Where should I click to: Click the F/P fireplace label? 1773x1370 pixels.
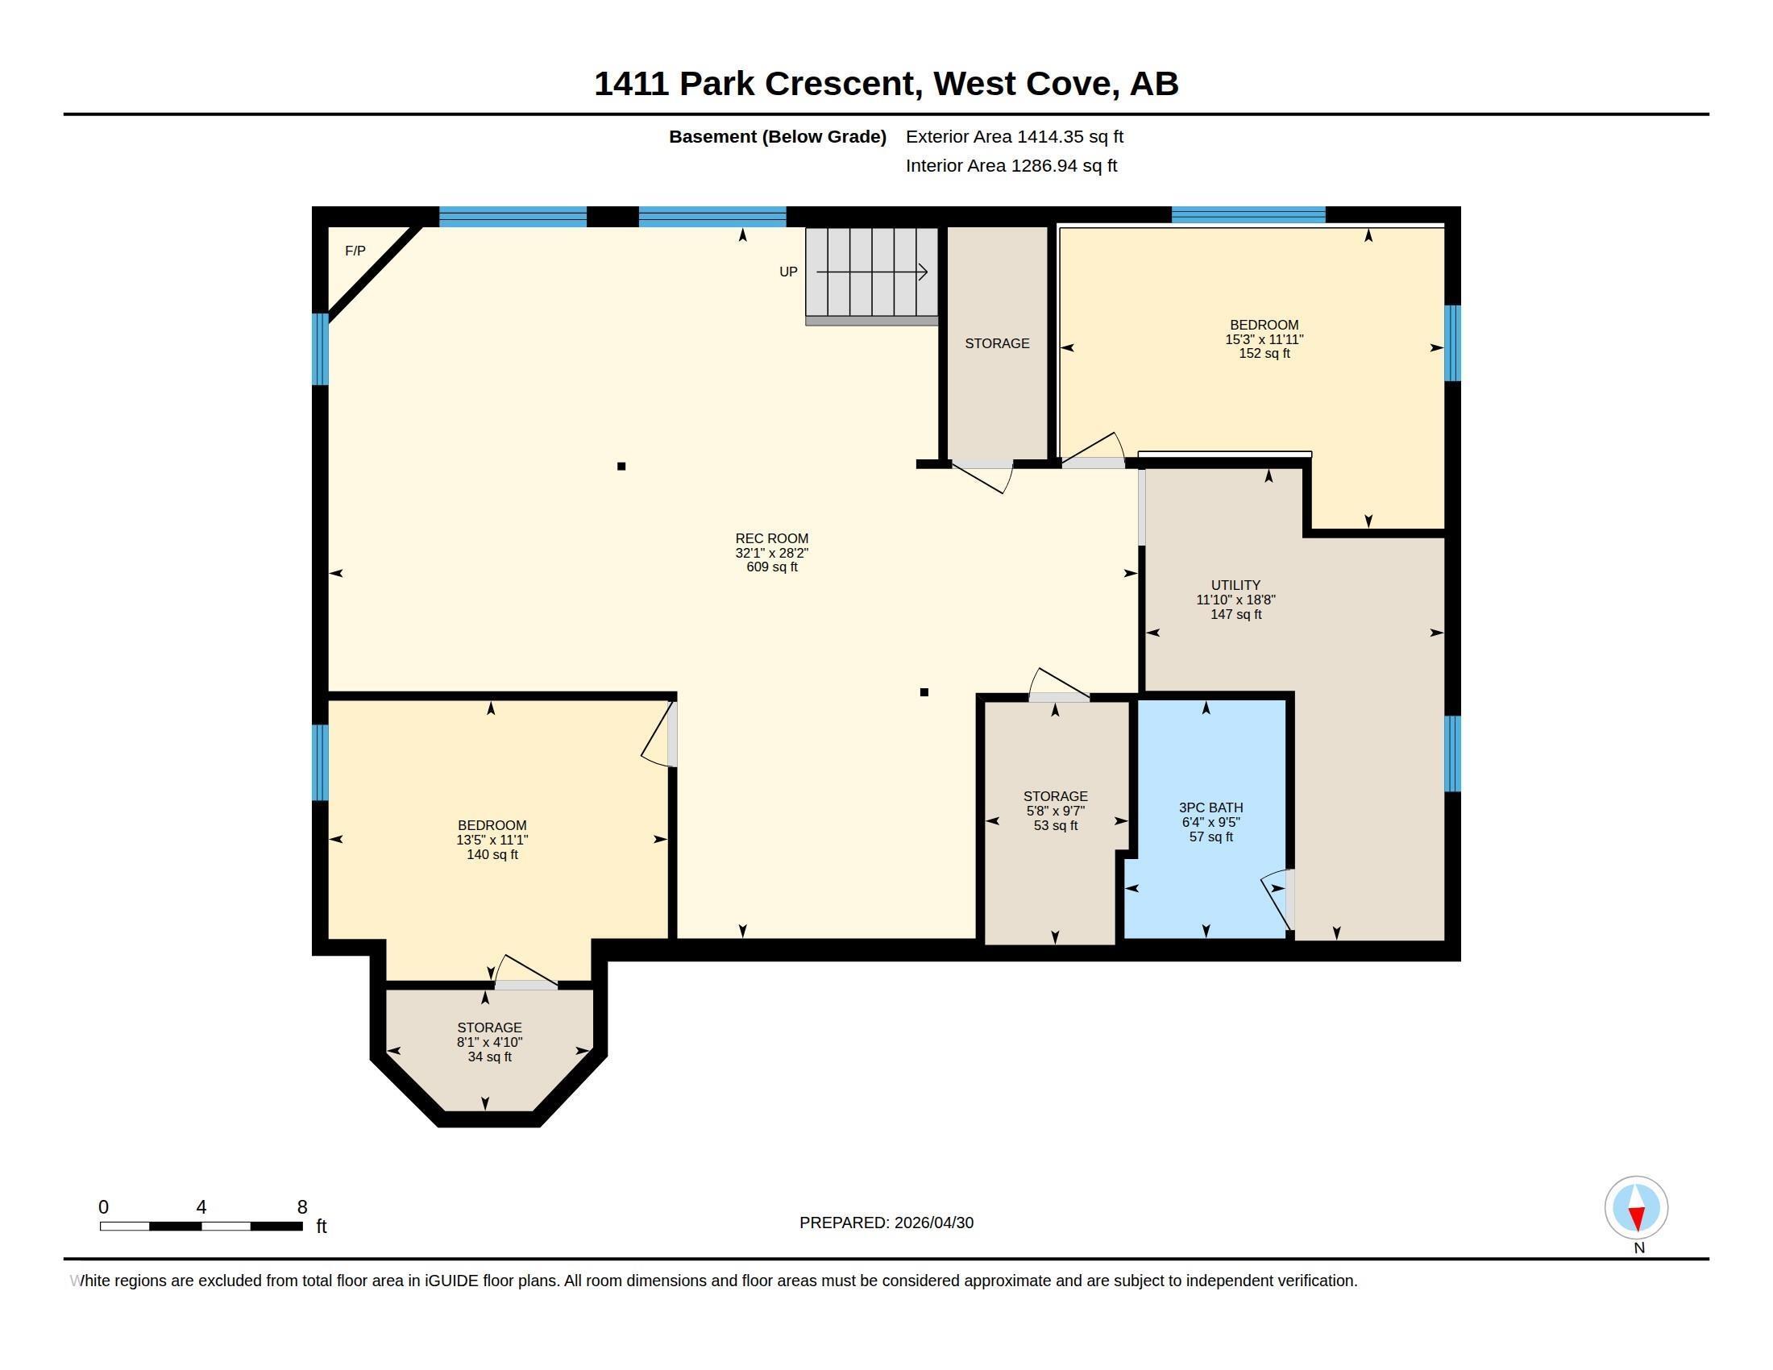pyautogui.click(x=355, y=251)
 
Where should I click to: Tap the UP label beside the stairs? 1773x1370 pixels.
pyautogui.click(x=788, y=272)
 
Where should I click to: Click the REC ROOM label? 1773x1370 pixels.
pyautogui.click(x=771, y=538)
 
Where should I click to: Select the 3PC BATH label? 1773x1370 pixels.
pyautogui.click(x=1210, y=807)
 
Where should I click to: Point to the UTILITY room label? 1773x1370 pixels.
pyautogui.click(x=1235, y=585)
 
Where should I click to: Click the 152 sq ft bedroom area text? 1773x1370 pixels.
pyautogui.click(x=1264, y=354)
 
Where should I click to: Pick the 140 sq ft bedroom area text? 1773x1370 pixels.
pyautogui.click(x=492, y=854)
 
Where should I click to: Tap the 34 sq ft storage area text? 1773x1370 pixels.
pyautogui.click(x=489, y=1057)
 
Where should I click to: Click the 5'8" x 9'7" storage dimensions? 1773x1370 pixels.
pyautogui.click(x=1056, y=811)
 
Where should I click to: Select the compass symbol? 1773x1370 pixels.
pyautogui.click(x=1636, y=1208)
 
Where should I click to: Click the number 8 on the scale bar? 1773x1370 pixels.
pyautogui.click(x=302, y=1207)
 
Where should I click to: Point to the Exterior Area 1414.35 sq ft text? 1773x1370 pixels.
pyautogui.click(x=1014, y=136)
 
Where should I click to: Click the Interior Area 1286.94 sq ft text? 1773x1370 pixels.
pyautogui.click(x=1011, y=165)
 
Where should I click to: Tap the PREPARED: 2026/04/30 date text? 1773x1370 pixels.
pyautogui.click(x=886, y=1223)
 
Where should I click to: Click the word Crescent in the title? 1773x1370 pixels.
pyautogui.click(x=844, y=84)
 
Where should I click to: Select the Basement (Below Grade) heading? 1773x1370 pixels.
pyautogui.click(x=777, y=136)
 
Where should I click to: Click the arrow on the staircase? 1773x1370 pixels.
pyautogui.click(x=872, y=272)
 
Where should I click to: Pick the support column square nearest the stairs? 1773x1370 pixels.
pyautogui.click(x=924, y=692)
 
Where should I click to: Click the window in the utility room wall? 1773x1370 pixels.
pyautogui.click(x=1452, y=753)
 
